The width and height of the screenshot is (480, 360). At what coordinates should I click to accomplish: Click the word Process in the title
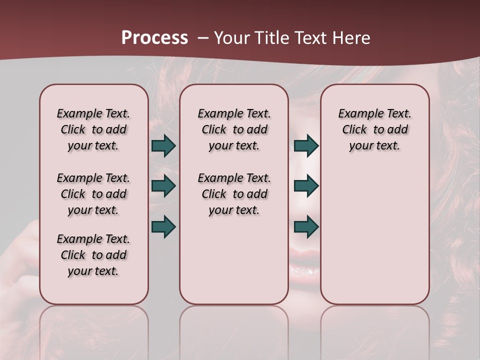pos(154,38)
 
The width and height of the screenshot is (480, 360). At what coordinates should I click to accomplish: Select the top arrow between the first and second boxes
pos(163,146)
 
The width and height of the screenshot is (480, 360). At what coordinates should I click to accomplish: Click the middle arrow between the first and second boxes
pos(163,186)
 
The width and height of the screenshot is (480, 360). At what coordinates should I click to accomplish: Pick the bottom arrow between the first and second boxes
pos(163,226)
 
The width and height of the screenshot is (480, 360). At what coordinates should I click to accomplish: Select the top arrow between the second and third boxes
pos(306,146)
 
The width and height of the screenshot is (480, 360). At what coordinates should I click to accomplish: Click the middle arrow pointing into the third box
pos(306,186)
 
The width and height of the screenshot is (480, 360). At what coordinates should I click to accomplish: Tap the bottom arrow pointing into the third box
pos(306,226)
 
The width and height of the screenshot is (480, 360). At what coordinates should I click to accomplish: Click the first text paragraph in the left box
pos(93,129)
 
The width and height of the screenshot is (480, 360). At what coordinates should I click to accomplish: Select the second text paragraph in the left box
pos(93,194)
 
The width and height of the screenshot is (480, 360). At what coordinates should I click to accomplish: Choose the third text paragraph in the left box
pos(93,255)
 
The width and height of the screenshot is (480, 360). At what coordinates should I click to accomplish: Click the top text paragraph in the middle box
pos(234,129)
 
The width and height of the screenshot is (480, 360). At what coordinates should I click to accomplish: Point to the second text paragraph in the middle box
pos(234,194)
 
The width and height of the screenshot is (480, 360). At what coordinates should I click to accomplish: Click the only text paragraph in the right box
pos(374,129)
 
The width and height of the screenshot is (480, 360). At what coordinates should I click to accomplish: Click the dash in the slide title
pos(203,38)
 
